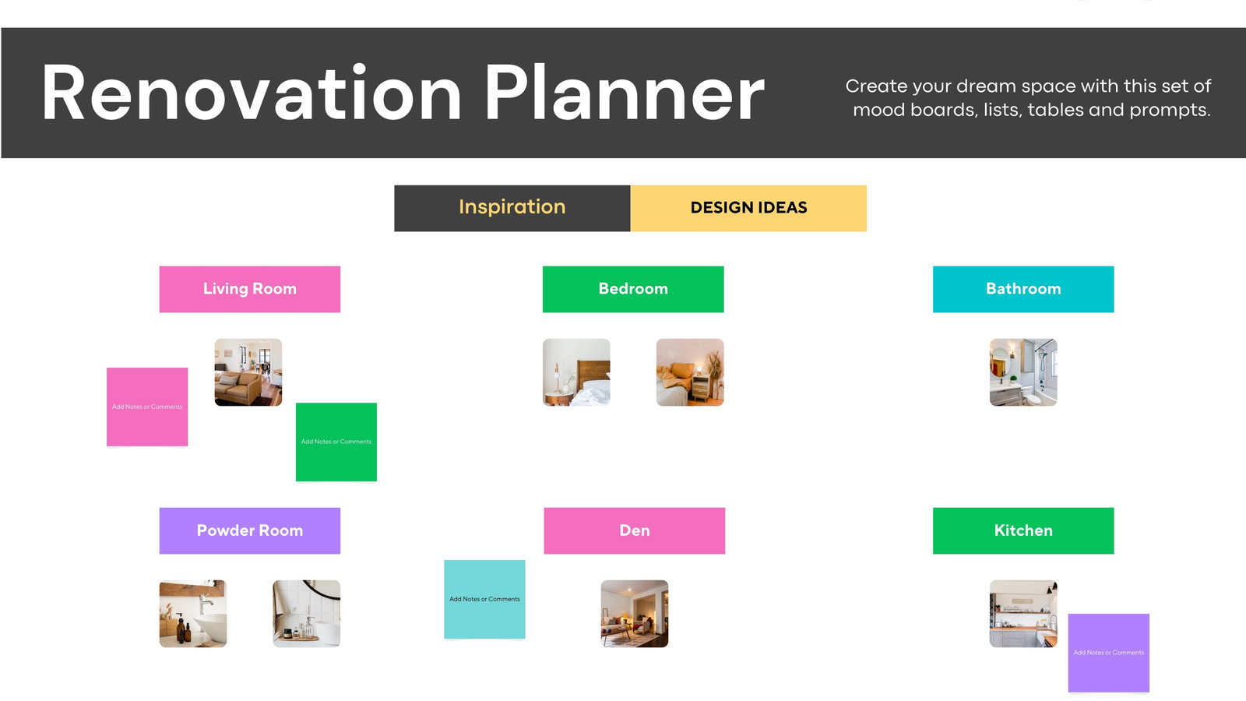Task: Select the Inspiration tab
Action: point(512,208)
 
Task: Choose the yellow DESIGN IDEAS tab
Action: point(748,208)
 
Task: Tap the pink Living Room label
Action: point(250,289)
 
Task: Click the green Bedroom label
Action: point(633,289)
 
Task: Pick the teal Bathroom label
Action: point(1023,289)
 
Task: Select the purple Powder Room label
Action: point(250,530)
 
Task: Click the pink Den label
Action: point(635,530)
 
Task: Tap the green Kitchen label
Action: point(1023,530)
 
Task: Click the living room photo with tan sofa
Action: point(248,372)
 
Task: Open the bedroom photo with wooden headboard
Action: point(576,372)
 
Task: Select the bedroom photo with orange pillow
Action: point(690,372)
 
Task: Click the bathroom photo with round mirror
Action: point(1023,372)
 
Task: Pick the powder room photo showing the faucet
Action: point(193,614)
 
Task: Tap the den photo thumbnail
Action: point(635,614)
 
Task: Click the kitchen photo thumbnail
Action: point(1023,614)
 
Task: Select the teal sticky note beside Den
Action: point(484,599)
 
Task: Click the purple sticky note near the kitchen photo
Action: point(1109,653)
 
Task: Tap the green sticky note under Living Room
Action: point(336,442)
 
